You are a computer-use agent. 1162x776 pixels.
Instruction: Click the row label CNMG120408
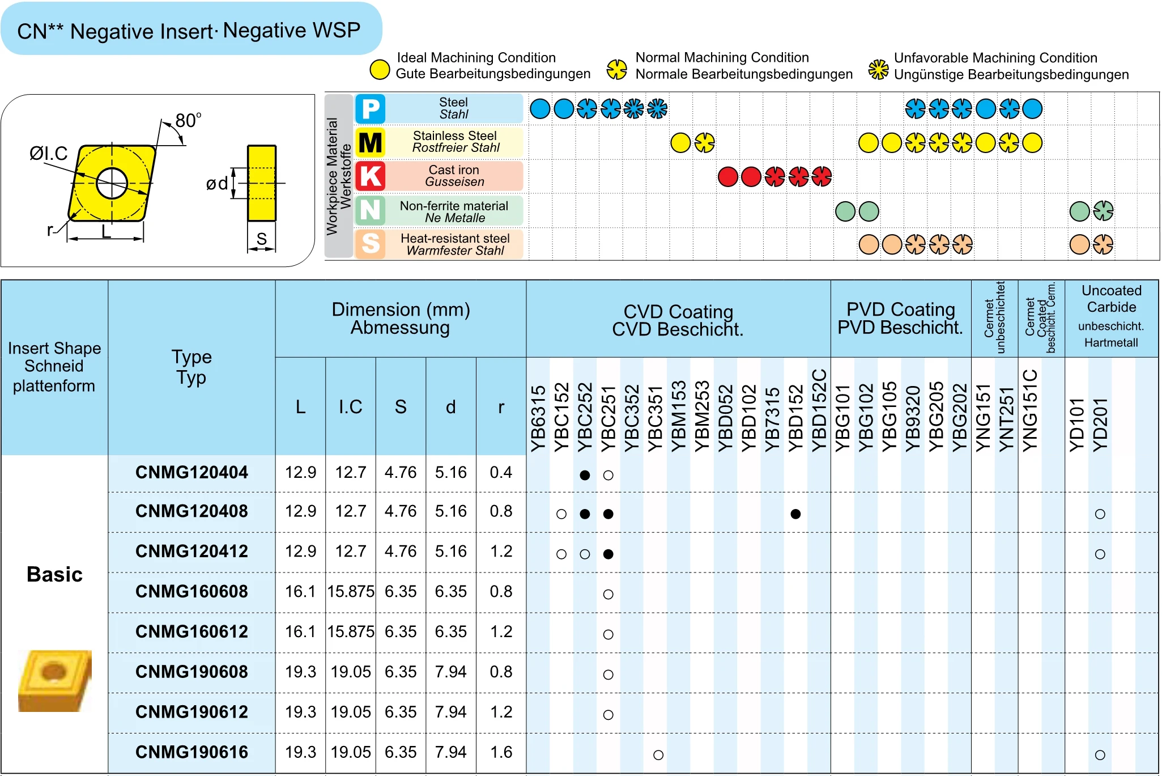tap(191, 511)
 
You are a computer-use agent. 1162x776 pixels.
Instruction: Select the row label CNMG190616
tap(191, 752)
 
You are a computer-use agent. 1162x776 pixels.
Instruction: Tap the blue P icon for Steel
tap(371, 109)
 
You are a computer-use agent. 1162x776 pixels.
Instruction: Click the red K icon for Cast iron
tap(371, 176)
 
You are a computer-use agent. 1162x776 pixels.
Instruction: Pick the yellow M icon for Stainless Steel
tap(371, 142)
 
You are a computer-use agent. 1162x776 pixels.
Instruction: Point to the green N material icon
tap(371, 210)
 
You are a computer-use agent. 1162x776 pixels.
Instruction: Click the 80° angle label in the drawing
tap(188, 120)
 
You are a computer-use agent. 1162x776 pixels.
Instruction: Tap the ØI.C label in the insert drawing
tap(49, 153)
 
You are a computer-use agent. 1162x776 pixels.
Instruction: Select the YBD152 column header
tap(795, 418)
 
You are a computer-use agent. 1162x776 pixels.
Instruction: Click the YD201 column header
tap(1100, 424)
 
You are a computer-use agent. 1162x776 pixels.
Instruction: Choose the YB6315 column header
tap(538, 418)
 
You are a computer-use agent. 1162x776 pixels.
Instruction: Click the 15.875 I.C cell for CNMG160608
tap(351, 592)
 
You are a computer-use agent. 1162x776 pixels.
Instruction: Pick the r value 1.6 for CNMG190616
tap(501, 752)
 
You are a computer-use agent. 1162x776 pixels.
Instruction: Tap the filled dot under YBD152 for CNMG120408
tap(795, 514)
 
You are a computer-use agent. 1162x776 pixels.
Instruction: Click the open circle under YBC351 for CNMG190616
tap(658, 755)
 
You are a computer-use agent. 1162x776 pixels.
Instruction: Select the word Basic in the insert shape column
tap(54, 575)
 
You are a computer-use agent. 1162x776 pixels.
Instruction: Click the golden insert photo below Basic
tap(54, 680)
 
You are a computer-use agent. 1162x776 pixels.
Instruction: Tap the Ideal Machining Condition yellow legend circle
tap(380, 70)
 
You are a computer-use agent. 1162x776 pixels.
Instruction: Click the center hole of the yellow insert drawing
tap(112, 183)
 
